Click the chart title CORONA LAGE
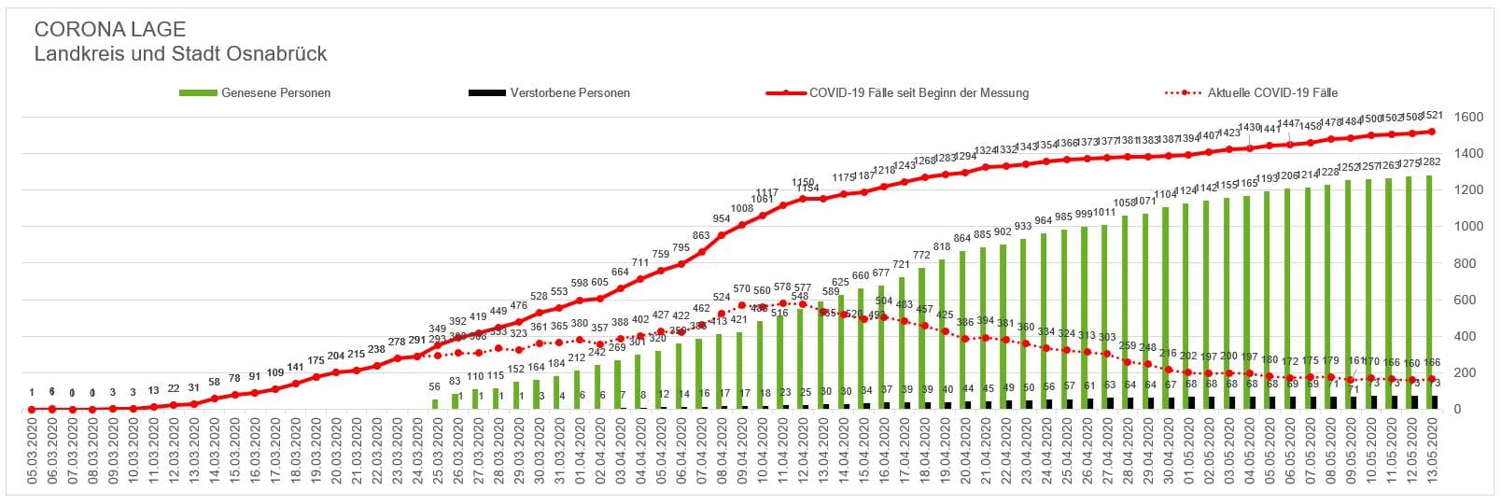[109, 29]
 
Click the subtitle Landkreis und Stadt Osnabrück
[180, 54]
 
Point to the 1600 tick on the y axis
[1468, 118]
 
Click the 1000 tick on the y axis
[1468, 227]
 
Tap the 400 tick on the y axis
[1468, 337]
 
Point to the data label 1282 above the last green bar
[1430, 162]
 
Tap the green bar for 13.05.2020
[1430, 289]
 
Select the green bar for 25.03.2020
[435, 404]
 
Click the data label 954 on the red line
[722, 218]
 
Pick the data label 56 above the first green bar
[435, 387]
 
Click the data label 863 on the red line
[701, 236]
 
